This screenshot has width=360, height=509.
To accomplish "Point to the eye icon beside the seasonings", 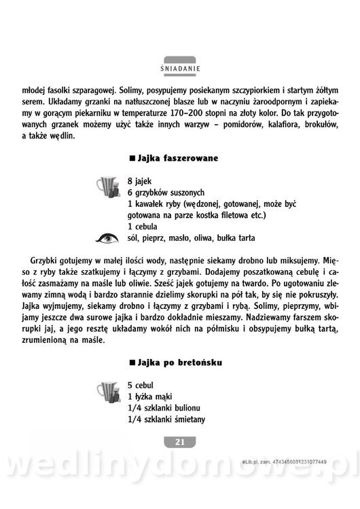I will [107, 238].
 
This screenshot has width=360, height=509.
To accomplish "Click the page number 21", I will [180, 442].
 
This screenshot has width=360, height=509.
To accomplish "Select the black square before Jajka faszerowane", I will [132, 159].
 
